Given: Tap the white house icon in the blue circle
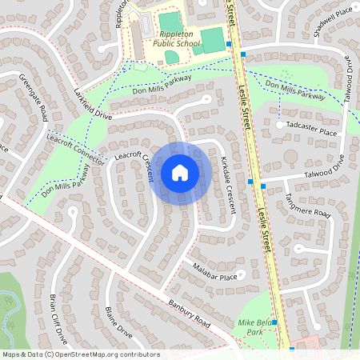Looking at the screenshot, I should [x=179, y=172].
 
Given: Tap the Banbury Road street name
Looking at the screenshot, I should [x=189, y=314].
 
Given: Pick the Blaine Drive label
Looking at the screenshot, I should [x=118, y=321].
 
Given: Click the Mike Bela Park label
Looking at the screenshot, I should [x=256, y=326].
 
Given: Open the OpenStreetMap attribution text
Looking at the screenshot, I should [x=80, y=354].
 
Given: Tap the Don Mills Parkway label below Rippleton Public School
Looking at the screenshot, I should [x=163, y=85].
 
